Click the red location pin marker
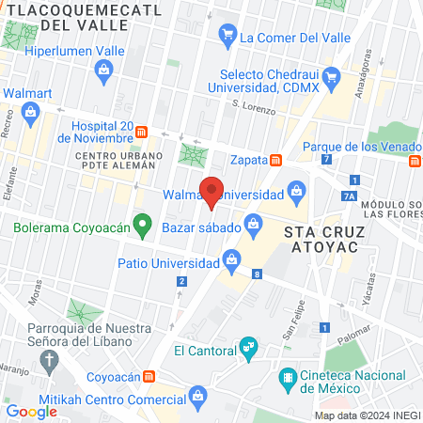[x=211, y=191]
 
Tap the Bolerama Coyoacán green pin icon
[x=142, y=226]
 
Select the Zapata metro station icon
[x=275, y=161]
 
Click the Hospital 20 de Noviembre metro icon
[x=142, y=132]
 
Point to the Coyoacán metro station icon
[x=149, y=376]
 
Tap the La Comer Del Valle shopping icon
[x=227, y=38]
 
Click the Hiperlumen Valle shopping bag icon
[x=103, y=69]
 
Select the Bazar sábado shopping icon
[x=253, y=223]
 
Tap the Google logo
[x=32, y=411]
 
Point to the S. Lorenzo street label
[x=254, y=109]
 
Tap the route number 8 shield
[x=257, y=274]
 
